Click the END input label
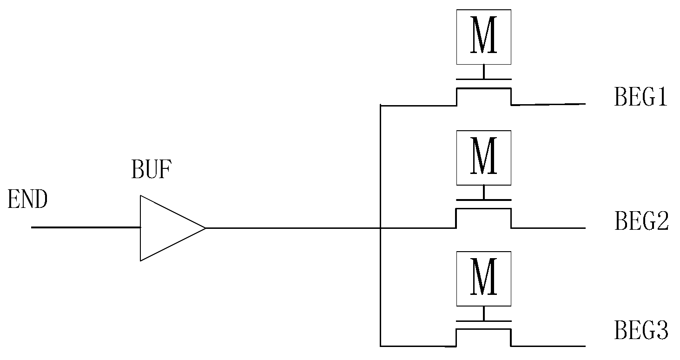click(28, 200)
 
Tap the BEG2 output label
click(641, 221)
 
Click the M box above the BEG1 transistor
click(484, 37)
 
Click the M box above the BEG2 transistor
click(484, 158)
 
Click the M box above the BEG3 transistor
click(484, 279)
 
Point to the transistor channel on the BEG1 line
click(484, 88)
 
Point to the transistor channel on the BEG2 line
click(484, 209)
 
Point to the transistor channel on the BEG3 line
click(484, 329)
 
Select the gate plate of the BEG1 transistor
click(484, 79)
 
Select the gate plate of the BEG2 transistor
click(484, 200)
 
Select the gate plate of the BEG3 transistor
click(484, 321)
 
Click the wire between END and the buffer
click(86, 227)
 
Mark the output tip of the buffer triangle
click(205, 228)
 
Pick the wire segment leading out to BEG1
click(548, 105)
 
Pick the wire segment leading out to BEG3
click(548, 346)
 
